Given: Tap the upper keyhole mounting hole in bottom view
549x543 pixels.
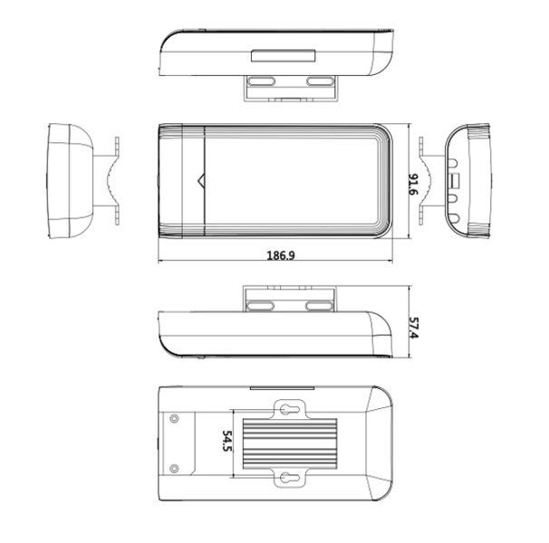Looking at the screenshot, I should coord(289,409).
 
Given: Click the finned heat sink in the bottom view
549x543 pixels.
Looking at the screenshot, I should coord(289,443).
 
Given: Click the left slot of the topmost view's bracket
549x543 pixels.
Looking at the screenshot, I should coord(263,81).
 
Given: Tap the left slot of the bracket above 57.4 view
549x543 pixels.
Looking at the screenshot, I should coord(263,306).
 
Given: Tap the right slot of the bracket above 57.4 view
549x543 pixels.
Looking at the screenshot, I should coord(319,306).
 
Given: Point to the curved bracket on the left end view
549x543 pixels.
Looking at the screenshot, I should coord(110,181).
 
